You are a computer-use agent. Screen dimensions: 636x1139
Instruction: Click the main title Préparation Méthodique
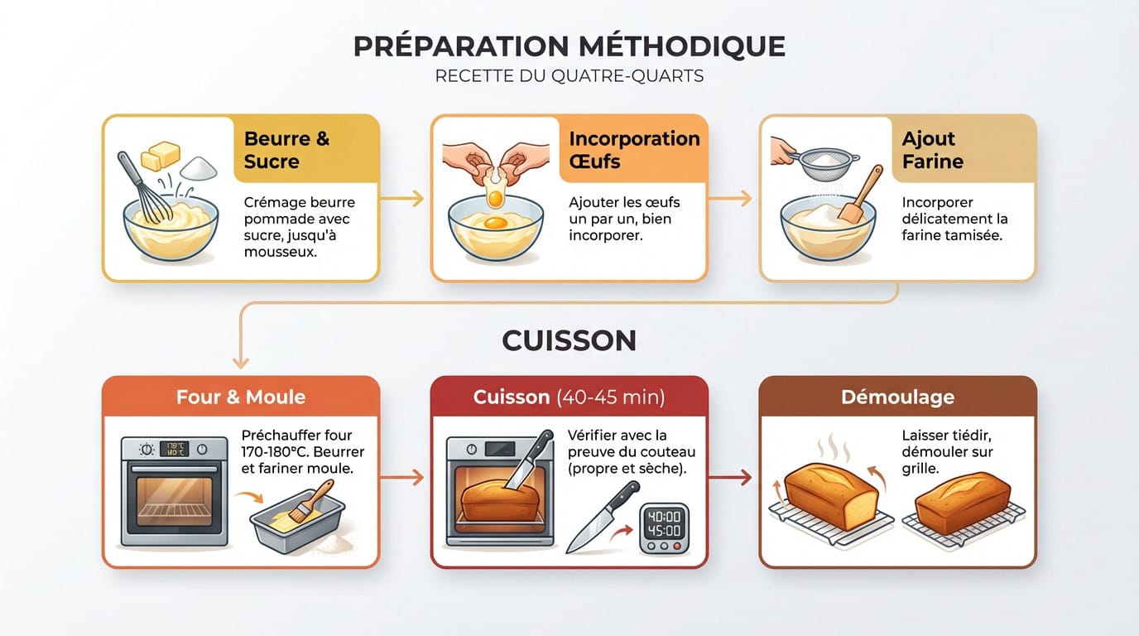[x=569, y=46]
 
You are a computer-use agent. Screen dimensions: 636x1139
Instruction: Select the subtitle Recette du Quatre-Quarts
[x=569, y=76]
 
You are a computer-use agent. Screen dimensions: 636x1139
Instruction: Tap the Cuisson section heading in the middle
[x=569, y=340]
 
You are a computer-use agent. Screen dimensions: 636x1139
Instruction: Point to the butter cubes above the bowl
[x=161, y=156]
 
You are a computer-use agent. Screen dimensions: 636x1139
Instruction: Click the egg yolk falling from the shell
[x=495, y=198]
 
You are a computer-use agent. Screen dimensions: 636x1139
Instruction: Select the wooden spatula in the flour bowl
[x=862, y=195]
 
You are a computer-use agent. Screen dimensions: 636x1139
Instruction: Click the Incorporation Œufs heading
[x=634, y=150]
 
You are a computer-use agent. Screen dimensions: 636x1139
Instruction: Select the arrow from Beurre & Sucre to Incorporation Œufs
[x=403, y=199]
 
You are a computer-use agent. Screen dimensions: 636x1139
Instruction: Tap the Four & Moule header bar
[x=240, y=397]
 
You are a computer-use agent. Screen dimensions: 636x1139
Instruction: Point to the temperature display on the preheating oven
[x=174, y=449]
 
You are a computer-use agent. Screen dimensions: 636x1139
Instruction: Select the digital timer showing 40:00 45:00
[x=664, y=527]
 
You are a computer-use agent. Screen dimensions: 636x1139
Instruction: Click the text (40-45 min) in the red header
[x=610, y=397]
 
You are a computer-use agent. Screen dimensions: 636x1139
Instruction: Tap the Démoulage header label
[x=897, y=397]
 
